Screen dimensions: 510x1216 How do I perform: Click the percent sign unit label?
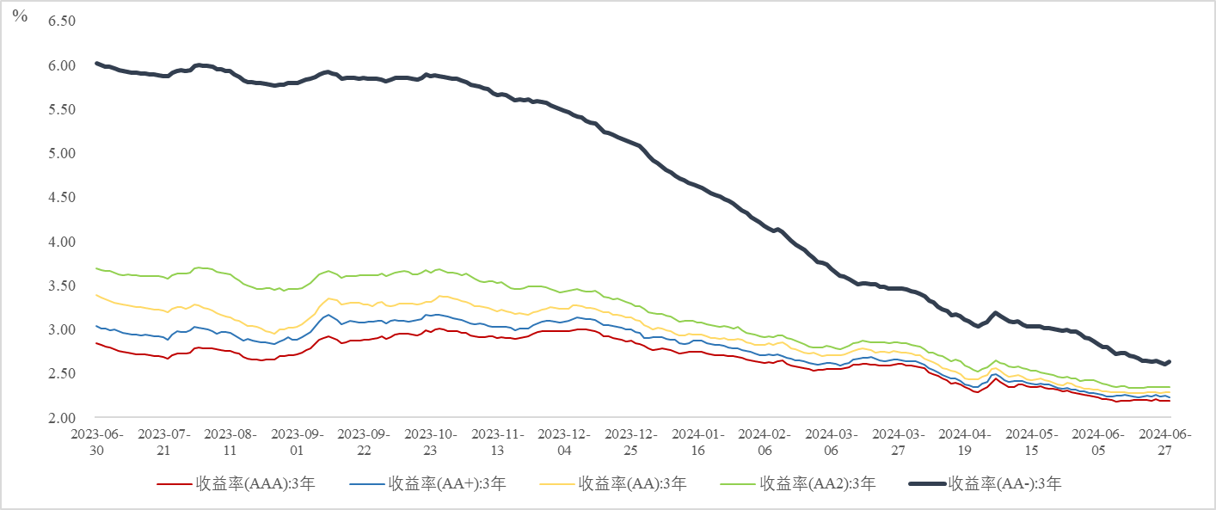(x=20, y=16)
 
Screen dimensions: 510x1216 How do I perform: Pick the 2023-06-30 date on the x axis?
(x=95, y=442)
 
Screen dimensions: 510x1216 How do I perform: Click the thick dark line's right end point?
(x=1170, y=361)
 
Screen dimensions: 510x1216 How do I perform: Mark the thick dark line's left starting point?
(x=95, y=63)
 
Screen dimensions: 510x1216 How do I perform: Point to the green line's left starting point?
(x=95, y=268)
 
